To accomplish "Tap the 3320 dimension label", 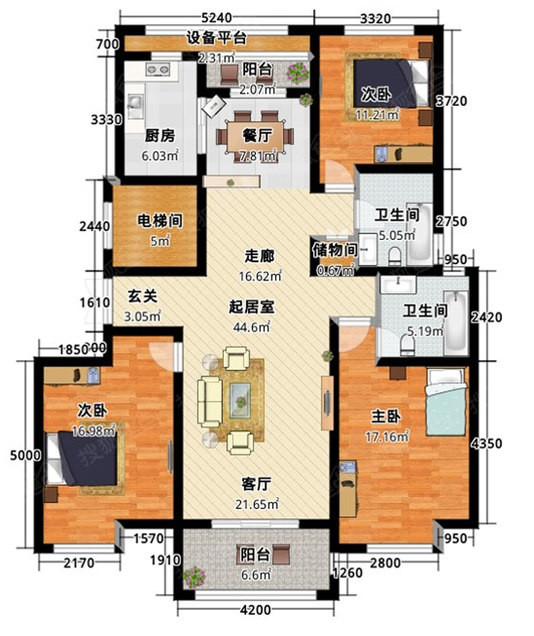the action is coord(376,18).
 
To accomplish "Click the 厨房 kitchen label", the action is coord(160,135).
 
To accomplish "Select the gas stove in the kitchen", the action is coord(158,69).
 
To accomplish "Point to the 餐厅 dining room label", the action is coord(258,135).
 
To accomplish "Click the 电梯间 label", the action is coord(160,221).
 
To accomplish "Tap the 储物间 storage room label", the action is coord(334,250).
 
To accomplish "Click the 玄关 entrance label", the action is coord(142,297).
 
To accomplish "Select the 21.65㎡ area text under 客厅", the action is coord(257,504).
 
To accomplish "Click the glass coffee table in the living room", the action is coord(240,401).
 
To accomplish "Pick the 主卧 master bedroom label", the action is coord(386,416).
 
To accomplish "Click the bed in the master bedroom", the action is coord(445,401).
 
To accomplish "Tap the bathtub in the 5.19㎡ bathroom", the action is coord(455,323).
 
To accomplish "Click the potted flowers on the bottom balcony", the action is coord(194,576).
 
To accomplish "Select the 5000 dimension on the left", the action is coord(25,455).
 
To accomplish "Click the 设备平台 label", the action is coord(217,38).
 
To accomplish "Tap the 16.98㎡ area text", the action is coord(93,431).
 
